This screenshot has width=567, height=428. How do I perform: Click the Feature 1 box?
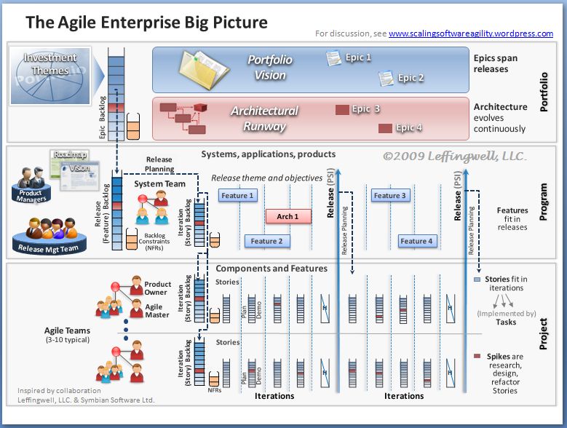[238, 195]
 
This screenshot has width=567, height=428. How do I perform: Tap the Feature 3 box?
[391, 195]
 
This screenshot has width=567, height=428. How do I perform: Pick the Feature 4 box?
[416, 241]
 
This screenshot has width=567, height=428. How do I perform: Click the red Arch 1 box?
[288, 216]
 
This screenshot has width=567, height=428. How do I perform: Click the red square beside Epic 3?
[341, 110]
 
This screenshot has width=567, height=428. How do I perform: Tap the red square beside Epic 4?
[385, 128]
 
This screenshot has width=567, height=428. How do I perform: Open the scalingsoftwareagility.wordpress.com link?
[471, 33]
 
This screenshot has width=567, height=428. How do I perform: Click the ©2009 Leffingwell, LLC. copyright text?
[455, 156]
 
